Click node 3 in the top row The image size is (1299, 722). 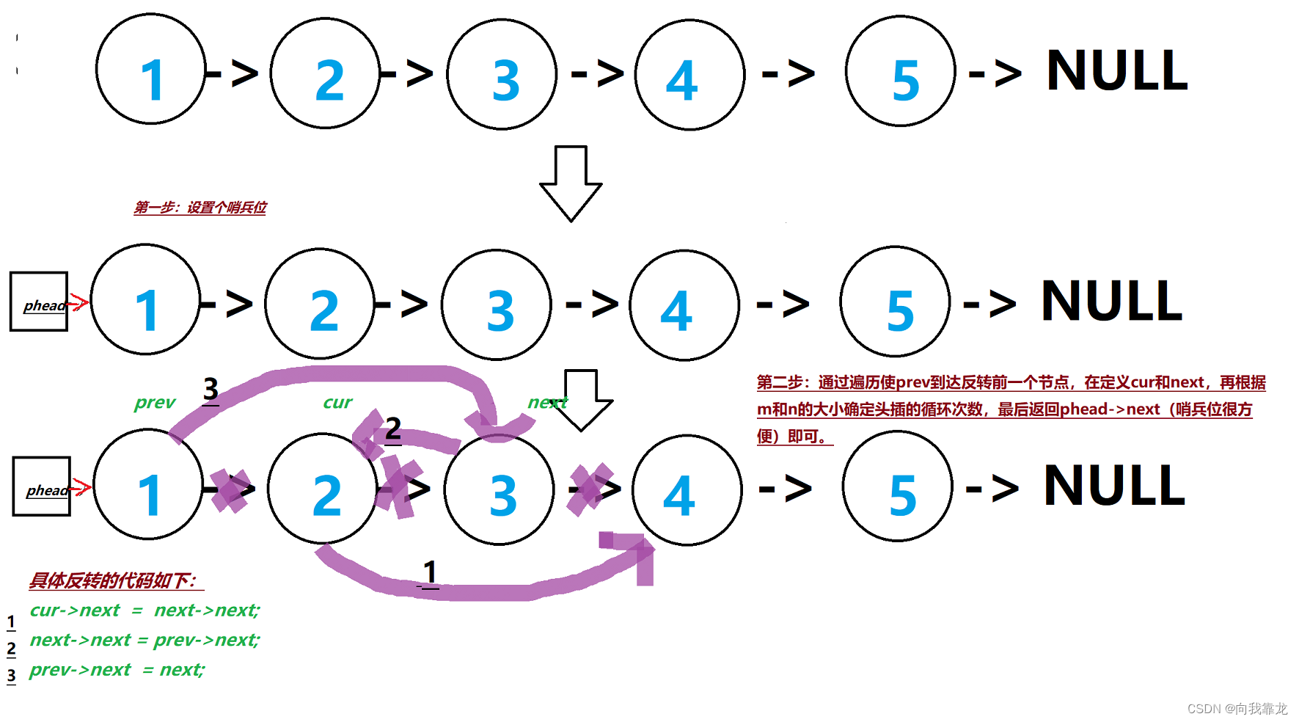click(x=502, y=75)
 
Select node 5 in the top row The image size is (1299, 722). click(x=901, y=72)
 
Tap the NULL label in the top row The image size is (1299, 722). click(x=1116, y=71)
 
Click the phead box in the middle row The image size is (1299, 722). click(x=39, y=302)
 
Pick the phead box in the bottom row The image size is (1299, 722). click(x=42, y=486)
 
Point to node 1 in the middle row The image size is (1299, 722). click(x=146, y=300)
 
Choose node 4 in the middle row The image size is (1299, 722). click(x=684, y=305)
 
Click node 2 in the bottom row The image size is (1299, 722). click(x=323, y=489)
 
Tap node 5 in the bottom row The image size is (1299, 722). click(x=898, y=486)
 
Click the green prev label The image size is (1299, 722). click(x=155, y=402)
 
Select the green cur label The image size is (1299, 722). click(x=337, y=402)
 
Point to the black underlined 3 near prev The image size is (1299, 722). click(x=211, y=390)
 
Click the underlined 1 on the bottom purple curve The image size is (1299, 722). click(x=431, y=573)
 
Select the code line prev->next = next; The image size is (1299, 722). click(x=117, y=670)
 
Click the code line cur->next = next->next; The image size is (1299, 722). click(x=144, y=610)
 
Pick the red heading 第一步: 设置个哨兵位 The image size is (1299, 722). click(x=200, y=208)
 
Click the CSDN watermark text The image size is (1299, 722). click(x=1237, y=708)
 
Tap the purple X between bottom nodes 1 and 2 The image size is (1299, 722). click(x=230, y=489)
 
